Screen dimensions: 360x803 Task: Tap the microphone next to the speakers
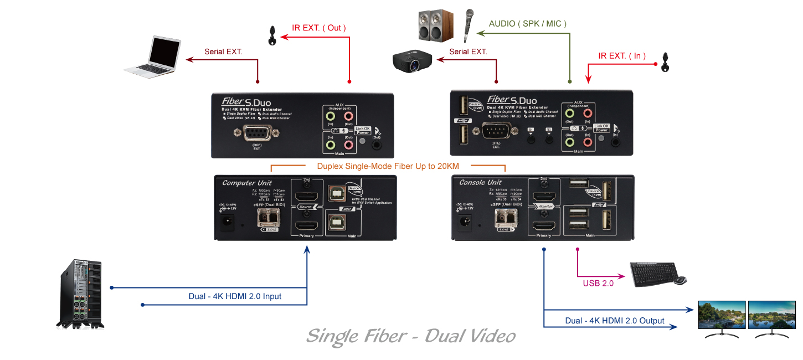click(468, 25)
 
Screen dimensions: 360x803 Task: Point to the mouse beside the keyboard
click(681, 280)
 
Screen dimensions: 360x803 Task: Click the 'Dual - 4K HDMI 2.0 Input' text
click(235, 296)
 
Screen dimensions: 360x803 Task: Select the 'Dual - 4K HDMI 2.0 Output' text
click(615, 321)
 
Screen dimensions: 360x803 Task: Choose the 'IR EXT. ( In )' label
click(622, 56)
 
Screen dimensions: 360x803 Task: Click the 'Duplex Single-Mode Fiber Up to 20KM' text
click(388, 166)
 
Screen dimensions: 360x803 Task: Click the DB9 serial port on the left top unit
click(257, 133)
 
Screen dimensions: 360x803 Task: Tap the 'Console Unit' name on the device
click(480, 182)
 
